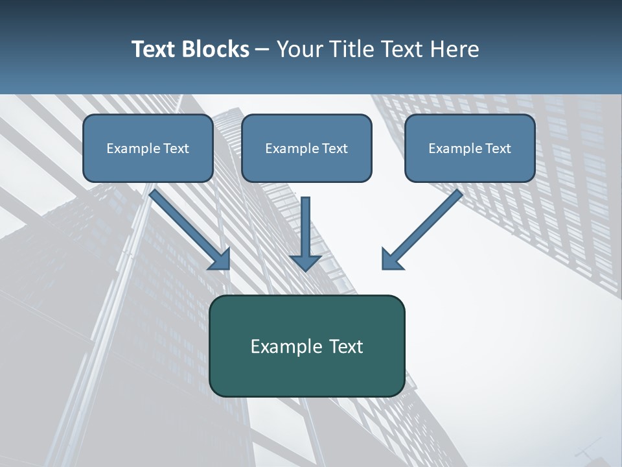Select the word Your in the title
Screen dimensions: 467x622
click(x=299, y=49)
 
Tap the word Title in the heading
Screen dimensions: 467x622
click(x=351, y=49)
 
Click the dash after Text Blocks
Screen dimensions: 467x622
click(x=262, y=50)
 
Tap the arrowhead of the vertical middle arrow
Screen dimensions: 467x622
click(x=305, y=261)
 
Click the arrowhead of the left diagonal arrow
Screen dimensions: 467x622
click(x=220, y=258)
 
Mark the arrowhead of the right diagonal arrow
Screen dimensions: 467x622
click(x=391, y=258)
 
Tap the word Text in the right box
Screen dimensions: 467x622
click(x=498, y=149)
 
